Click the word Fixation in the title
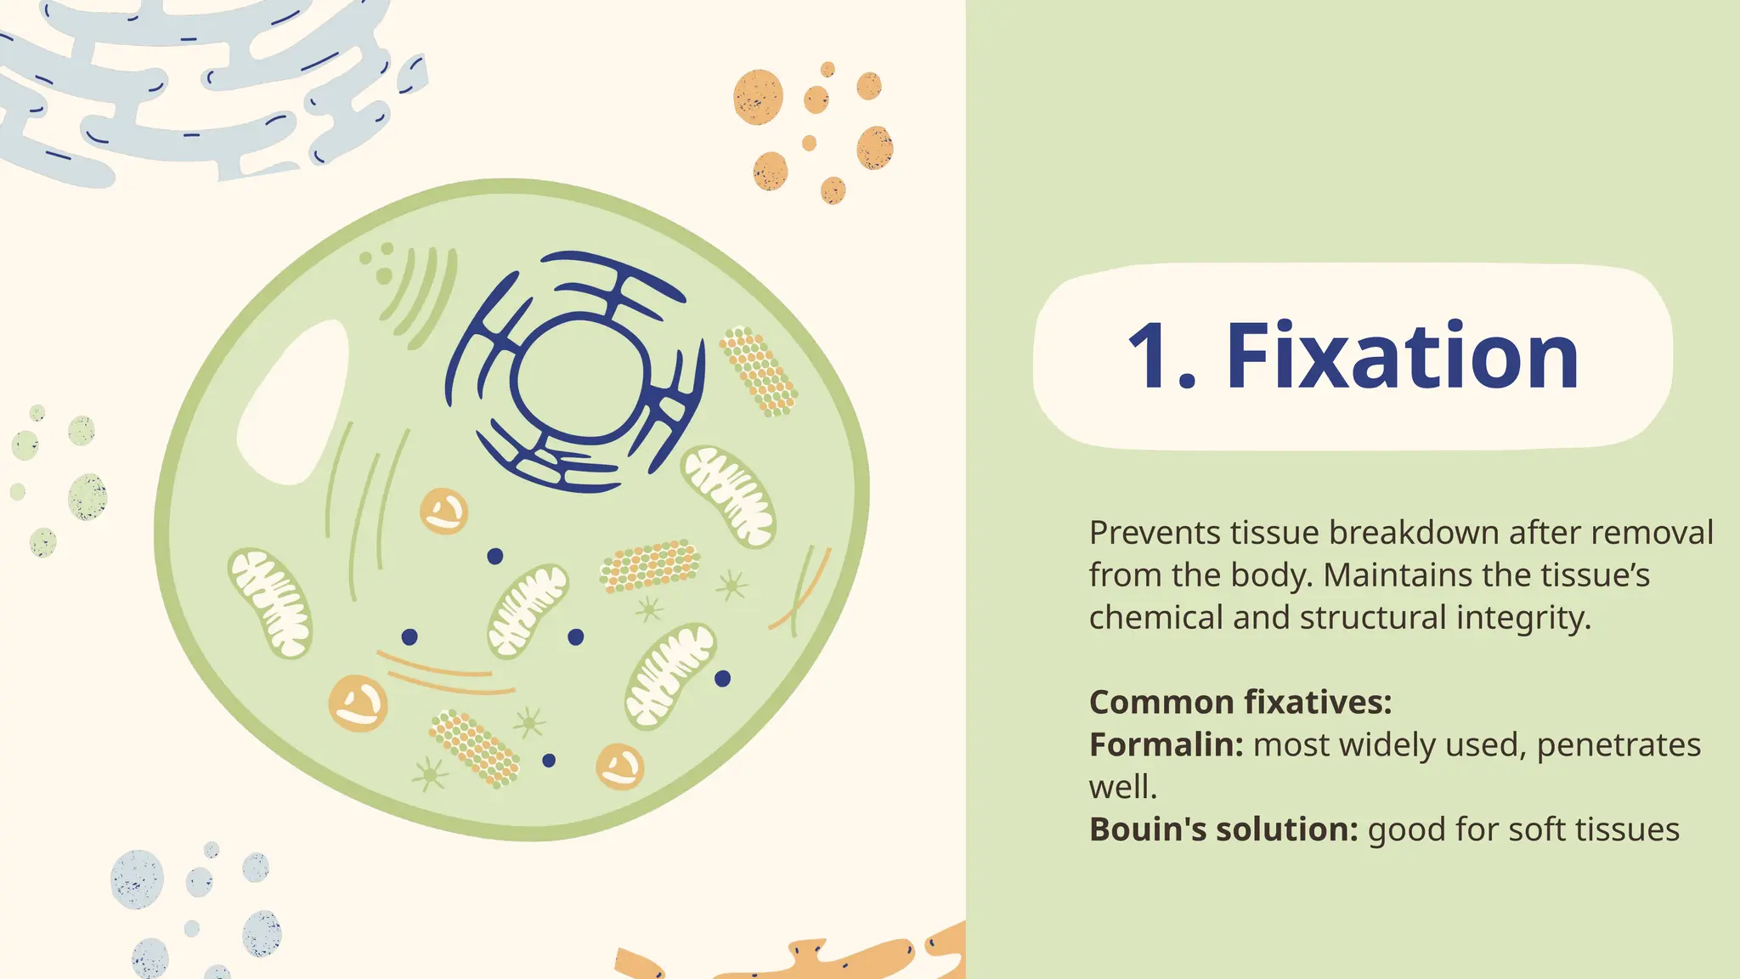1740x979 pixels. [x=1402, y=357]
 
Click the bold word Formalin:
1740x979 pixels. [x=1166, y=745]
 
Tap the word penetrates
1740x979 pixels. [x=1618, y=745]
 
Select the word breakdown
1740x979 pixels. [x=1414, y=534]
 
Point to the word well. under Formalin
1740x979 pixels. [x=1122, y=788]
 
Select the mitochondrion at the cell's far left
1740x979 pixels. [x=270, y=603]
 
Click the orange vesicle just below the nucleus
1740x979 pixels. [x=443, y=511]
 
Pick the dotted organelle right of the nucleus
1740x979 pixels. [x=758, y=371]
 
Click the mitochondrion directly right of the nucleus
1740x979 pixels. [x=728, y=495]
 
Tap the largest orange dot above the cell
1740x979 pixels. [x=758, y=97]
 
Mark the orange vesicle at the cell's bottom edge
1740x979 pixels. [x=619, y=767]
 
